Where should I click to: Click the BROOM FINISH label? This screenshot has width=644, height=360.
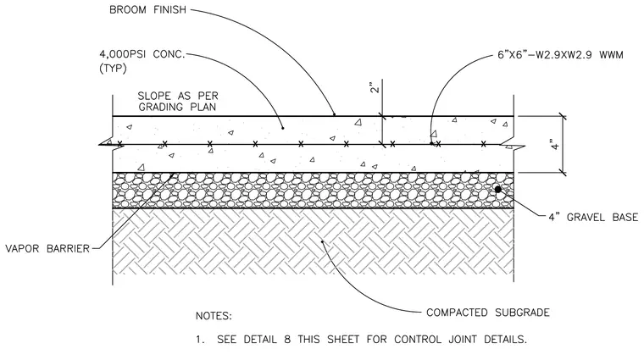click(147, 9)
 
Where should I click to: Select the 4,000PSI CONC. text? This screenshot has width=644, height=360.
click(142, 54)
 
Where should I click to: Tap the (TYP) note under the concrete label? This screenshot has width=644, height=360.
click(113, 68)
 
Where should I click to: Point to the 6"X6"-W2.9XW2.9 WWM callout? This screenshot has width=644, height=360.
click(560, 54)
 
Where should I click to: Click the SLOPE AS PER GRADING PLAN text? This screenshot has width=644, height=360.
click(178, 102)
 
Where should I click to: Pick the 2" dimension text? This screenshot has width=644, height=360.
click(375, 87)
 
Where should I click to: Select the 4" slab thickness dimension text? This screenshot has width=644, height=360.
click(554, 145)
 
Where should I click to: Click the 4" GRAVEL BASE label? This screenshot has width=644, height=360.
click(593, 217)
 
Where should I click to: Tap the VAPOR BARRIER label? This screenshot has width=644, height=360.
click(47, 248)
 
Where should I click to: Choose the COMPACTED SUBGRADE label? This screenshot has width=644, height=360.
click(488, 313)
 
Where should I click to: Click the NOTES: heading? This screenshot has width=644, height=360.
click(214, 316)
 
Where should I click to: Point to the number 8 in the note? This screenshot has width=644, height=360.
click(287, 340)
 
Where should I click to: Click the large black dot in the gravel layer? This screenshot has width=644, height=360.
click(497, 189)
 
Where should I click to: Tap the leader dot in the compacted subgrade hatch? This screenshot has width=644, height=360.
click(322, 241)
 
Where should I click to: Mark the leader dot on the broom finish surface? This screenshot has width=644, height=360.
click(334, 114)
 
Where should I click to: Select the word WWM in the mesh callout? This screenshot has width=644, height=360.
click(611, 54)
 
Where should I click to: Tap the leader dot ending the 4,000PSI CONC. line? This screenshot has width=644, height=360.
click(282, 128)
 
